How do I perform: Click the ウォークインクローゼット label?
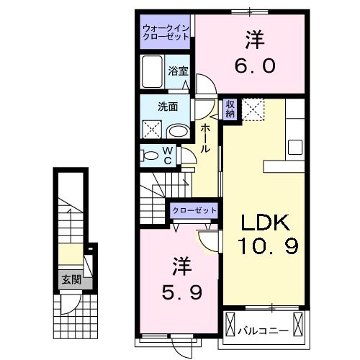click(x=165, y=32)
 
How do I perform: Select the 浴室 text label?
click(x=178, y=71)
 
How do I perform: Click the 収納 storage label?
click(x=230, y=109)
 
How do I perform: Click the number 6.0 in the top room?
click(x=253, y=66)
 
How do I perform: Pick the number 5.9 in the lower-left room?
click(x=177, y=293)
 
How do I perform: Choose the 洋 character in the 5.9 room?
click(x=177, y=266)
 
